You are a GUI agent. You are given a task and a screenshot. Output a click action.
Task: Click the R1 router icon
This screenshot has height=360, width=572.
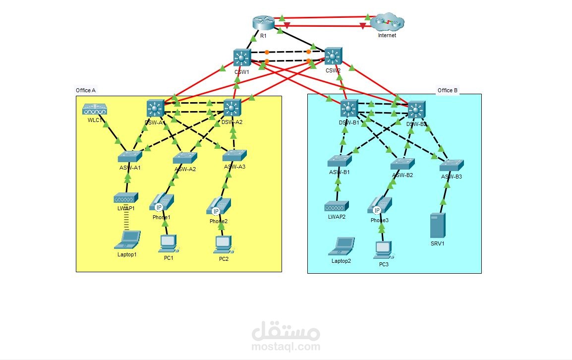263,23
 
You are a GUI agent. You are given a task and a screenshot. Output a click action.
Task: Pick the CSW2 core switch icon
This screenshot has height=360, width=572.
333,57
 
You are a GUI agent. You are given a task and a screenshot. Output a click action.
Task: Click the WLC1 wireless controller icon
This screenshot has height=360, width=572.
95,110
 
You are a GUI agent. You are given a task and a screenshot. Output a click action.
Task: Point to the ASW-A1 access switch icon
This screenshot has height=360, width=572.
130,157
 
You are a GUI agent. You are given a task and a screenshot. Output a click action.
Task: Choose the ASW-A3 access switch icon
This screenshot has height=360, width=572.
234,156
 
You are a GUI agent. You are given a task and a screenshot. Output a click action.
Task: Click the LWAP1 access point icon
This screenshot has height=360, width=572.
126,198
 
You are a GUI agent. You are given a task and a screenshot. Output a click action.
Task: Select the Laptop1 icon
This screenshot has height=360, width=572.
127,240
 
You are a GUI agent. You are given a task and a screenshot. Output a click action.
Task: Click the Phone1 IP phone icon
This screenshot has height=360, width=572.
162,202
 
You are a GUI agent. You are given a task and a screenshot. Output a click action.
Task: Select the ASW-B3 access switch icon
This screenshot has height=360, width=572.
452,165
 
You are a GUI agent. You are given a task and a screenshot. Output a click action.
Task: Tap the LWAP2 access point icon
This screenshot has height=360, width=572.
337,206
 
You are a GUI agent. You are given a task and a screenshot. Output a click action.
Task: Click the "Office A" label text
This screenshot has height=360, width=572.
85,90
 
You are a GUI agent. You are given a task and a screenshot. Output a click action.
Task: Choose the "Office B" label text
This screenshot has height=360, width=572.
448,90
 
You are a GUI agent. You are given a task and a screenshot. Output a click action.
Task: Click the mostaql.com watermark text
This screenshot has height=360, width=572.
286,346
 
